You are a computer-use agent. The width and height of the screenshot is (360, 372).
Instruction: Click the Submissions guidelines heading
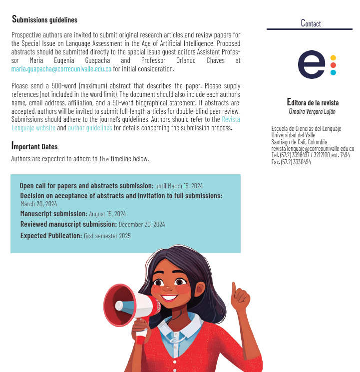click(44, 19)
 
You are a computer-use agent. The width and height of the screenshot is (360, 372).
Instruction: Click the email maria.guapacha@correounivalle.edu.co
click(61, 69)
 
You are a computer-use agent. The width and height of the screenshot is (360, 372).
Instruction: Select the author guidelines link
click(90, 128)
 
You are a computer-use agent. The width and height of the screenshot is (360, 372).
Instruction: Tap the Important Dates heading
click(34, 146)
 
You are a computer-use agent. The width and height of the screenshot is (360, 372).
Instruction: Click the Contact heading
click(311, 23)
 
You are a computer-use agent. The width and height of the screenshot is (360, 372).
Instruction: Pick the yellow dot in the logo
click(333, 57)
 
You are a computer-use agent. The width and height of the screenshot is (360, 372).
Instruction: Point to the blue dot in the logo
click(333, 72)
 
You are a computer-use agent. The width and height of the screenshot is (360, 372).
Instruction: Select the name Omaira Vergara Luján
click(312, 111)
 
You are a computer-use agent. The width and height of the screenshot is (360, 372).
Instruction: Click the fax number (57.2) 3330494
click(291, 162)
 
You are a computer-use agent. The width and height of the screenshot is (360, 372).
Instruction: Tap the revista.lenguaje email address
click(313, 149)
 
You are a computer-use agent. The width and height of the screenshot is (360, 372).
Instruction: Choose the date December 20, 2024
click(142, 225)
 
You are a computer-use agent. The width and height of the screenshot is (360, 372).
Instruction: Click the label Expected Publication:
click(51, 235)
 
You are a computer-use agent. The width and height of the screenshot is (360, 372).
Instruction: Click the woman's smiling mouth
click(169, 298)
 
